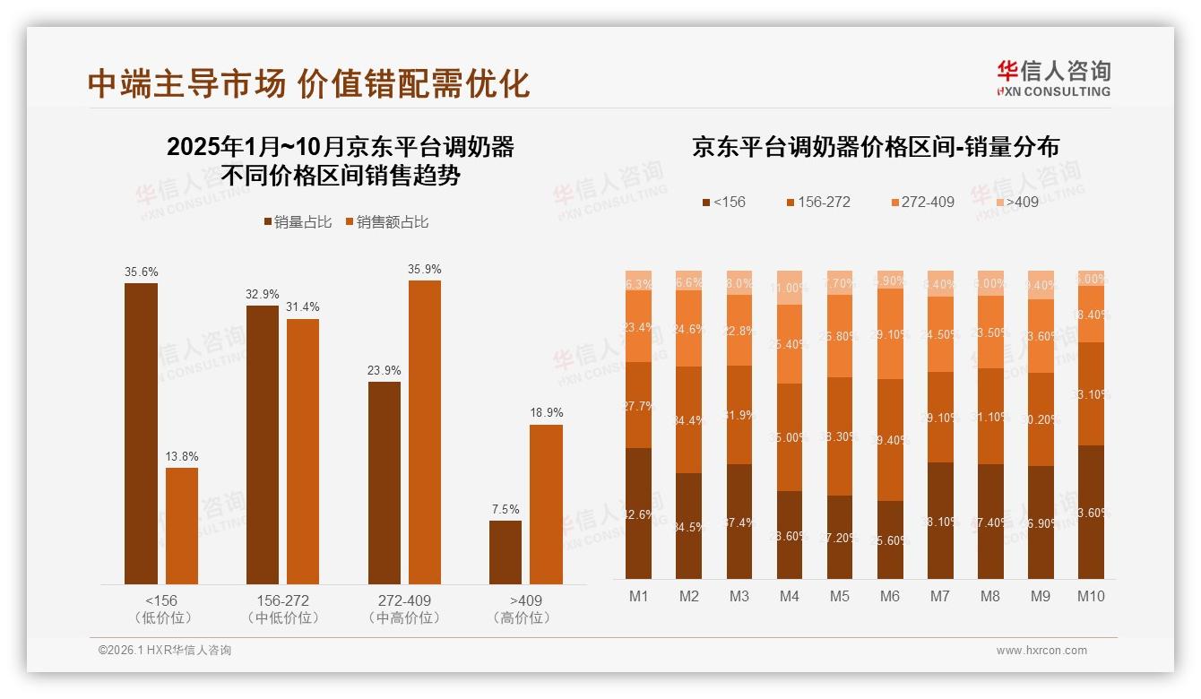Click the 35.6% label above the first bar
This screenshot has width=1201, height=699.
(141, 272)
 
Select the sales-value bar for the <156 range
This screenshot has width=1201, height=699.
(182, 526)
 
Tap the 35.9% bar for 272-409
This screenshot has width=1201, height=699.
(425, 432)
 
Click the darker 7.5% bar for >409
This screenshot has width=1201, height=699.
(505, 552)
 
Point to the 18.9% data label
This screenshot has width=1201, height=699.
(546, 413)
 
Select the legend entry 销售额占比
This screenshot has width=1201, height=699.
(386, 222)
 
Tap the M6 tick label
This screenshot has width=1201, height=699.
(890, 597)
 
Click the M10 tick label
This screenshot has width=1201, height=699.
(1091, 597)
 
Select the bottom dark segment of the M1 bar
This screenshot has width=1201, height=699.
(639, 513)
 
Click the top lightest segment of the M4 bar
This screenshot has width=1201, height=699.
(790, 288)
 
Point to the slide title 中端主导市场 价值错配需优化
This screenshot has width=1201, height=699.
(309, 83)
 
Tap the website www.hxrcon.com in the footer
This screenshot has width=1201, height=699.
(1041, 651)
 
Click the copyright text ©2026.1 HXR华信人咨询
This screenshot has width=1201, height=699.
(165, 651)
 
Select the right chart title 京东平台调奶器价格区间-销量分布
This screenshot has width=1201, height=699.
(875, 148)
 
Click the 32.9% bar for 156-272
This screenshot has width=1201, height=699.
(263, 444)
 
